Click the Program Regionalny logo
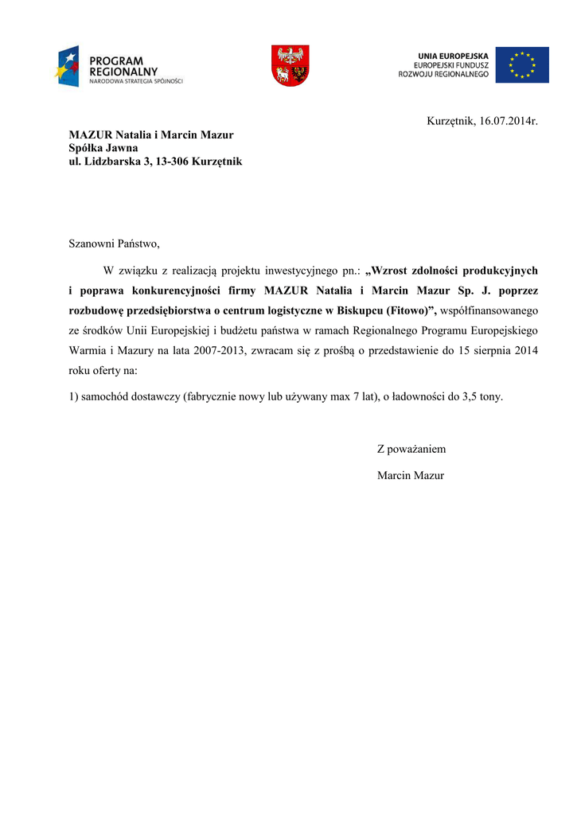pyautogui.click(x=119, y=66)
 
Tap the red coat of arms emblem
pyautogui.click(x=290, y=65)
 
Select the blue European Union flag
pyautogui.click(x=522, y=65)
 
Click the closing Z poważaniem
pyautogui.click(x=411, y=449)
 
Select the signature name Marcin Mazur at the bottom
pyautogui.click(x=411, y=476)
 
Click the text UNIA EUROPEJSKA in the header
pyautogui.click(x=453, y=56)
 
